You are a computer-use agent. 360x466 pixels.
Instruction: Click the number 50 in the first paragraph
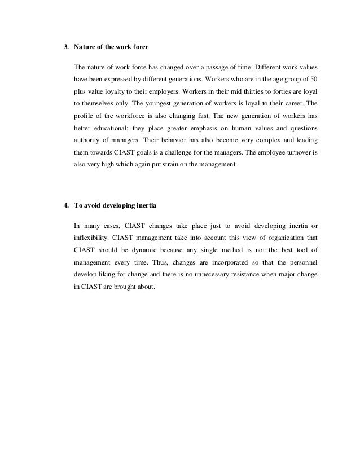(x=314, y=77)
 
